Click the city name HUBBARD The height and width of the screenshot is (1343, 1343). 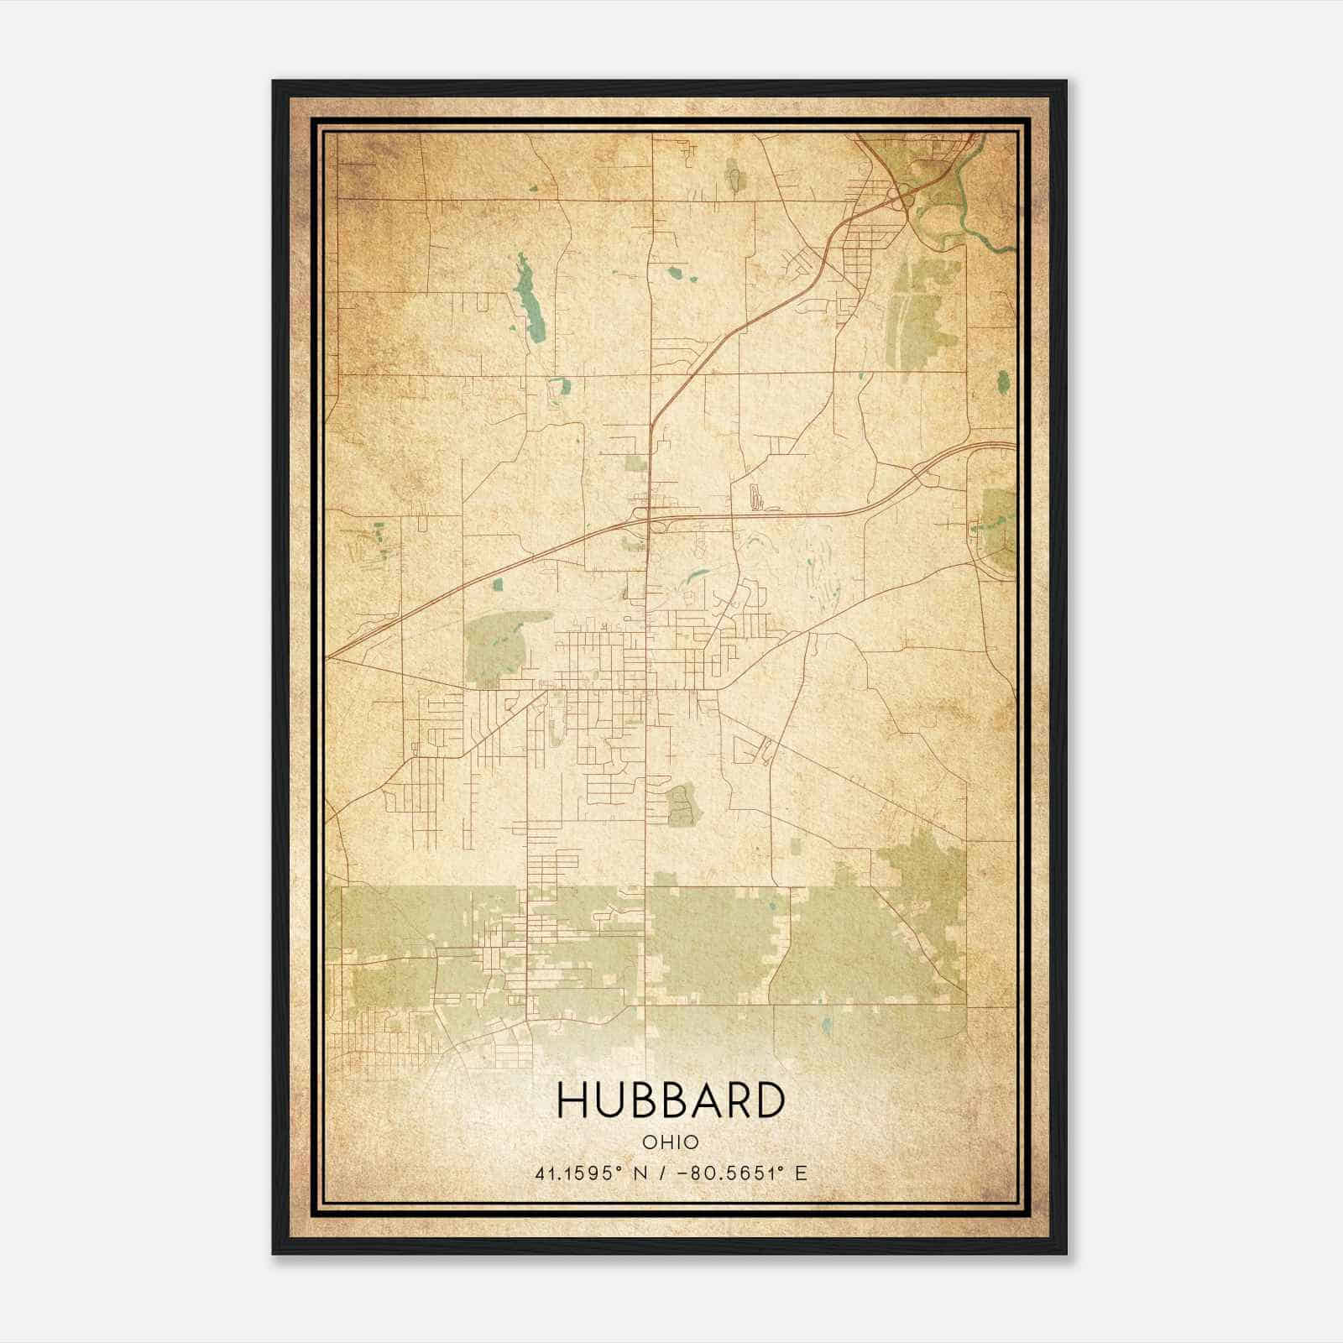point(671,1101)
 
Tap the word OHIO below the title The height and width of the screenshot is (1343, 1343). point(671,1142)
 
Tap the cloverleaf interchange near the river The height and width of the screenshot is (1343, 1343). point(901,199)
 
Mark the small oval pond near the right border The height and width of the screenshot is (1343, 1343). point(1003,383)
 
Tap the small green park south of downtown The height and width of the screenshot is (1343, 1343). point(683,804)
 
